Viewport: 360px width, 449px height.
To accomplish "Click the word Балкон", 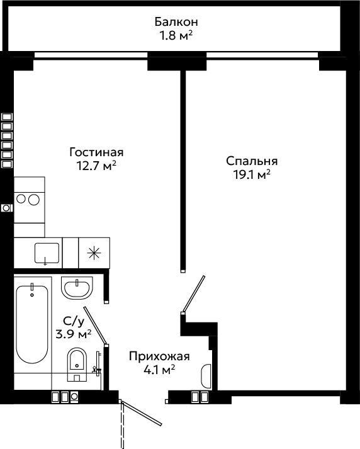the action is click(176, 22).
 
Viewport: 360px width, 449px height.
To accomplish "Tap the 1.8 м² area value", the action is click(176, 36).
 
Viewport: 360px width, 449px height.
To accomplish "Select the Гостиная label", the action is click(96, 152).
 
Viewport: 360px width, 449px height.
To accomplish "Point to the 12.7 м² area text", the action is click(96, 166).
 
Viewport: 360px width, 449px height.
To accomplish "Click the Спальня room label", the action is click(252, 161).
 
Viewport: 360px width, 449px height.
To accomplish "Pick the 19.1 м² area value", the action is click(252, 174).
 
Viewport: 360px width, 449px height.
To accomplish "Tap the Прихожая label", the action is click(159, 356).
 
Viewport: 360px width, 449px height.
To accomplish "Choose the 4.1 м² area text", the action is click(159, 370).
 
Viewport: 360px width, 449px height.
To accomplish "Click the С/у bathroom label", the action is click(74, 321).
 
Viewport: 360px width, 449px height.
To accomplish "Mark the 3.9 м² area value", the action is click(74, 334).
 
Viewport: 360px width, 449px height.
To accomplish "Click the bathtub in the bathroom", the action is click(31, 324).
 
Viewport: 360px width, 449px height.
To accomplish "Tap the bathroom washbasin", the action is click(77, 288).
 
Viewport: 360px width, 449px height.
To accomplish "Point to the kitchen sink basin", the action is click(47, 253).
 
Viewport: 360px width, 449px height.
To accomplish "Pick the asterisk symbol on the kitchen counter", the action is click(94, 253).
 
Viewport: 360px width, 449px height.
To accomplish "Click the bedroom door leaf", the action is click(193, 293).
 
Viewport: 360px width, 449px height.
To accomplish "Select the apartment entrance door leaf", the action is click(142, 413).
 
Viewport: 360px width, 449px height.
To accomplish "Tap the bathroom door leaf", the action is click(95, 326).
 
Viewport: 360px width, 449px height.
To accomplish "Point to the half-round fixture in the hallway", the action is click(206, 376).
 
